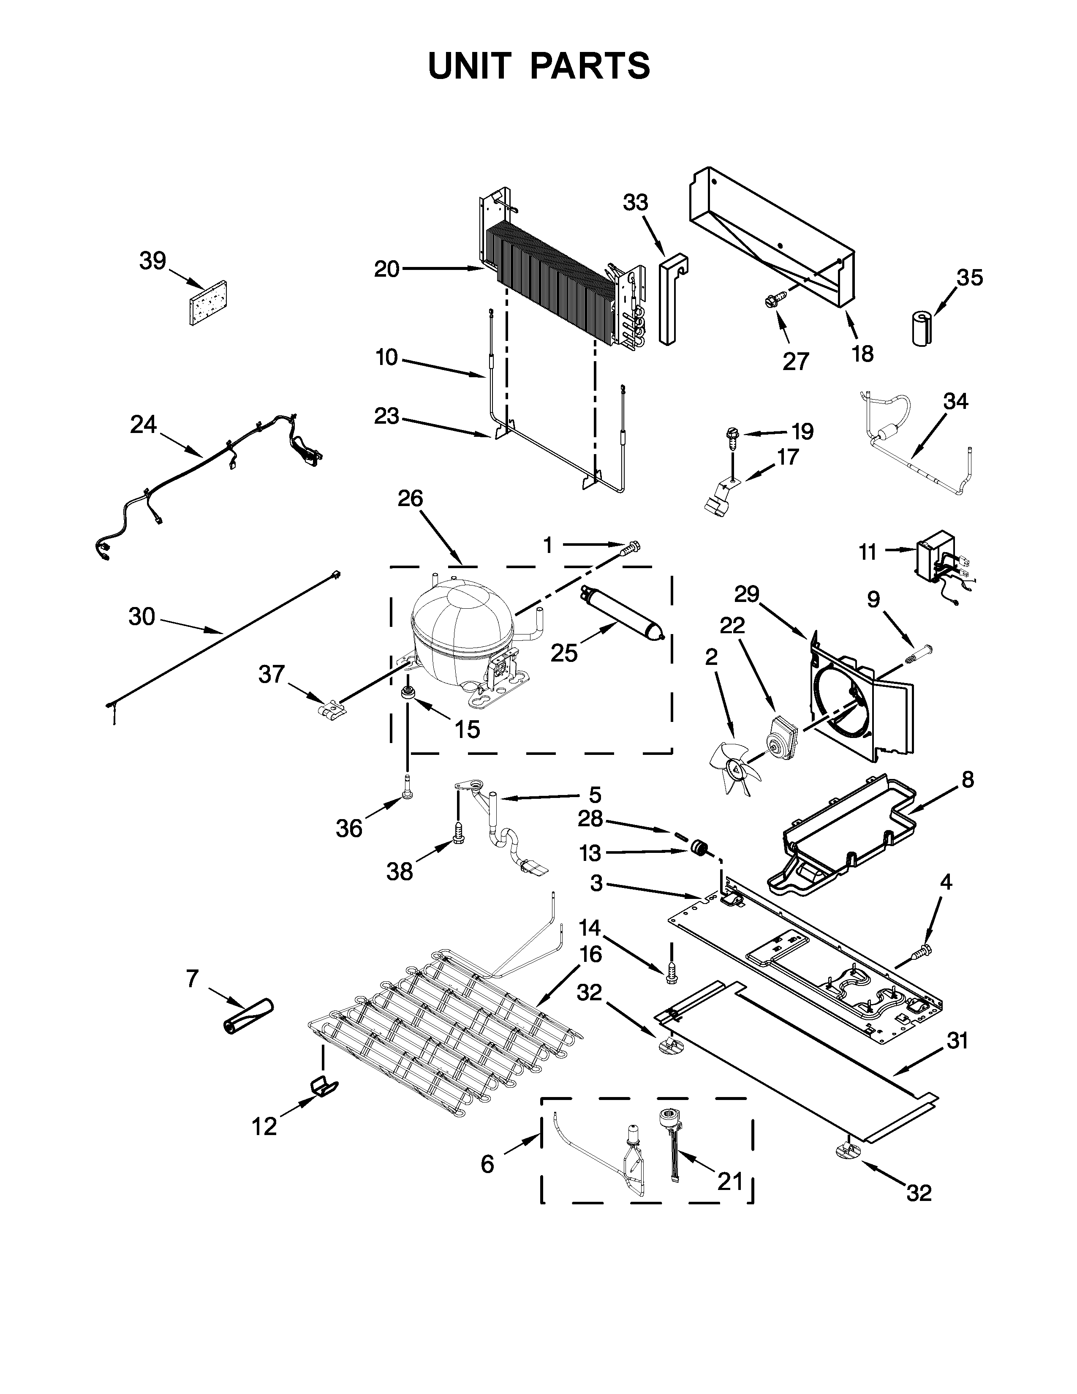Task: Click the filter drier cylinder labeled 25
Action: click(x=622, y=613)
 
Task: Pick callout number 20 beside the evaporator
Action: click(x=386, y=270)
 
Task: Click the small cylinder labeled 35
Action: click(x=921, y=329)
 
